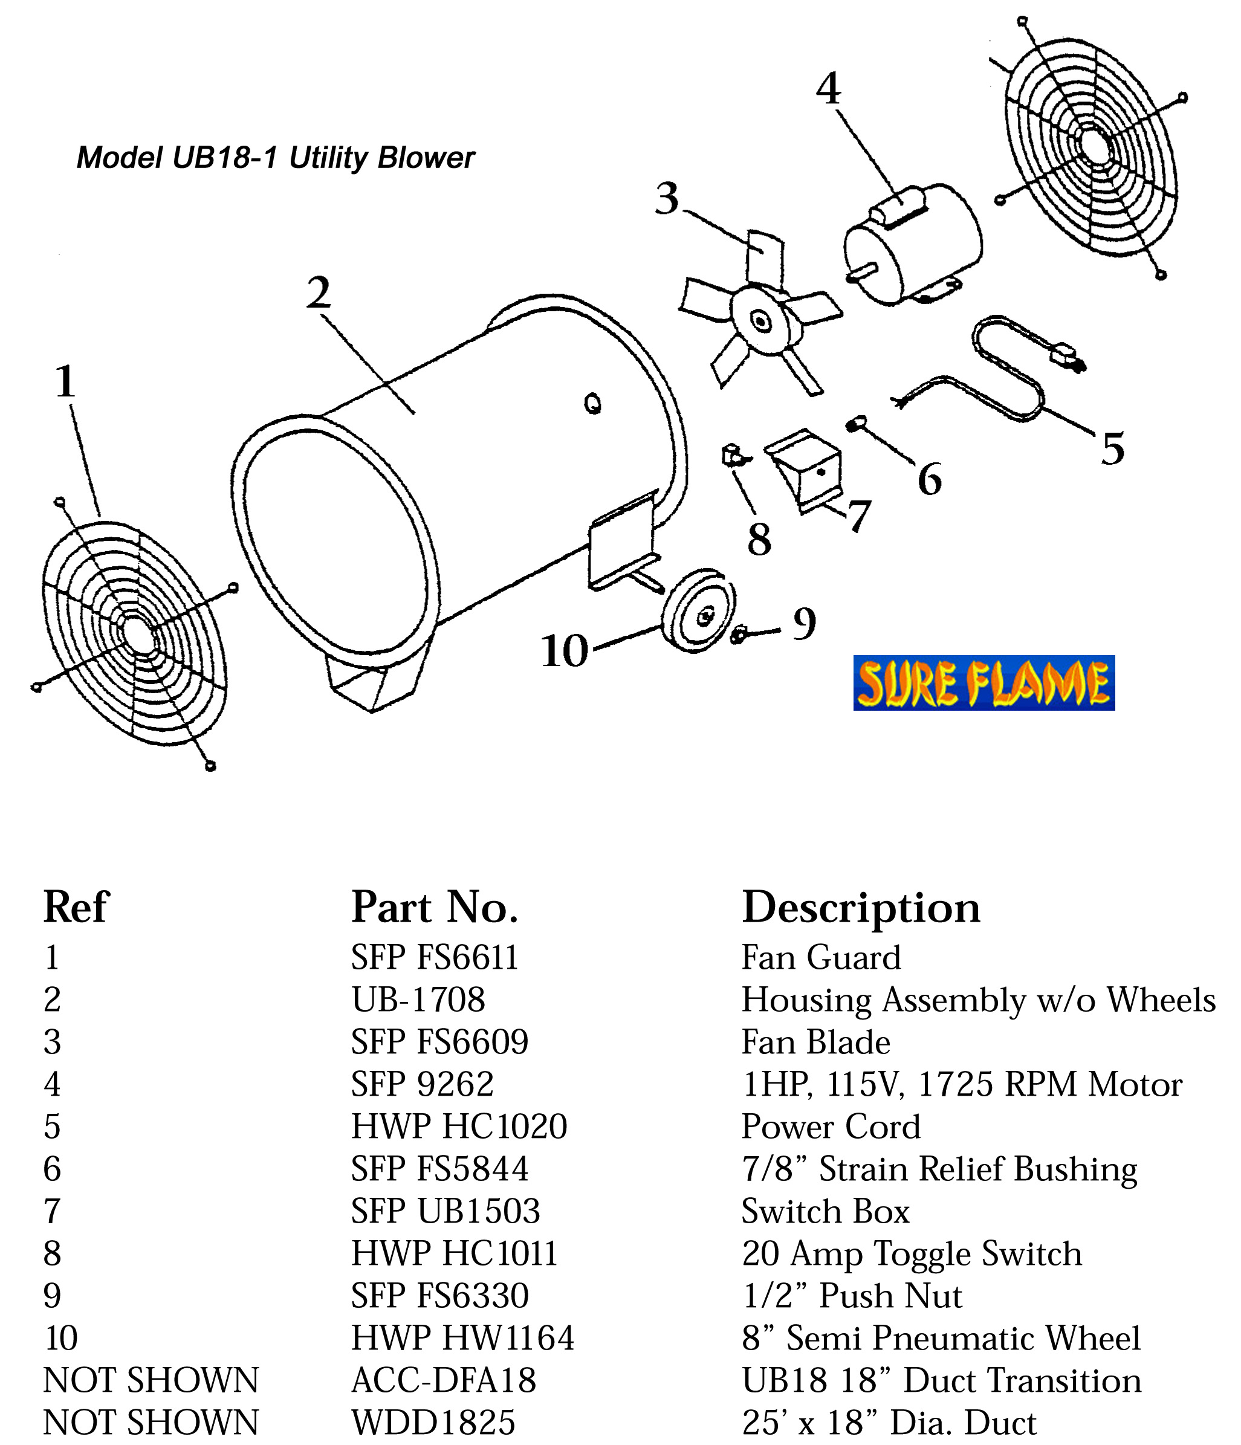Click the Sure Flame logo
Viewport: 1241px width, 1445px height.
click(x=983, y=683)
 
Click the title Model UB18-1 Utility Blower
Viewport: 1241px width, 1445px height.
click(x=275, y=158)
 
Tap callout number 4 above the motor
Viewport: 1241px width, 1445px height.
click(x=828, y=89)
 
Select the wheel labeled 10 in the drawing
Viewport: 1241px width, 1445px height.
click(x=697, y=610)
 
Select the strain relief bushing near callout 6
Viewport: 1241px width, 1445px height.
click(x=856, y=422)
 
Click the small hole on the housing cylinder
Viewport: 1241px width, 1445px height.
click(x=593, y=404)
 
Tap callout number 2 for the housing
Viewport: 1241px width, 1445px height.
click(x=318, y=293)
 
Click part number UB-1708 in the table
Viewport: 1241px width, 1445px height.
click(x=417, y=1000)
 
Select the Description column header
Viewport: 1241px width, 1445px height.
click(x=860, y=907)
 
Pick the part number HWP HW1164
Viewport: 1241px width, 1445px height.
click(x=462, y=1337)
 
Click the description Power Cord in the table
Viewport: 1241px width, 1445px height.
click(x=830, y=1127)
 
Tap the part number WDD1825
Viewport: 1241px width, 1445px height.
click(x=432, y=1422)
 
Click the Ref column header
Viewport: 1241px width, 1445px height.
click(x=76, y=907)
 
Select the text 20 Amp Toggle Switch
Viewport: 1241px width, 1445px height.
click(x=911, y=1253)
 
